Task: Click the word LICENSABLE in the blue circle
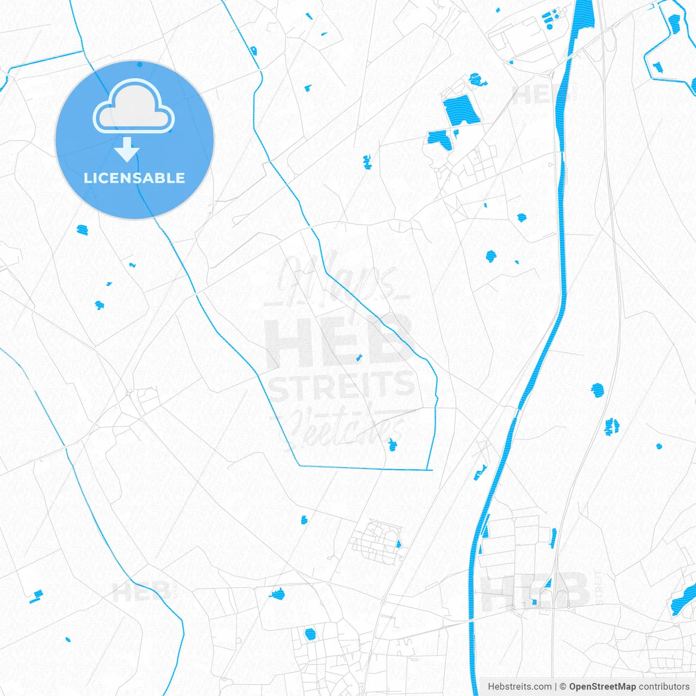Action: coord(134,178)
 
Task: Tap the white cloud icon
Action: coord(134,107)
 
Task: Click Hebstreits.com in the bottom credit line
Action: coord(519,687)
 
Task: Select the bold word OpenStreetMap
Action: coord(602,687)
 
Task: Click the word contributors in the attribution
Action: coord(664,687)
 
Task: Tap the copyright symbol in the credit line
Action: coord(563,687)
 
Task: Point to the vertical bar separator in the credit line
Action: coord(555,687)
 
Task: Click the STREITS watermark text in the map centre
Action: coord(341,385)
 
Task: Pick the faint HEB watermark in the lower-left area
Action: coord(141,592)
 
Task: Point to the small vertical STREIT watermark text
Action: coord(598,587)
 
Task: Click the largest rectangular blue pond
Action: coord(461,110)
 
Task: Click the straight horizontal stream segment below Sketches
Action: coord(364,468)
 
